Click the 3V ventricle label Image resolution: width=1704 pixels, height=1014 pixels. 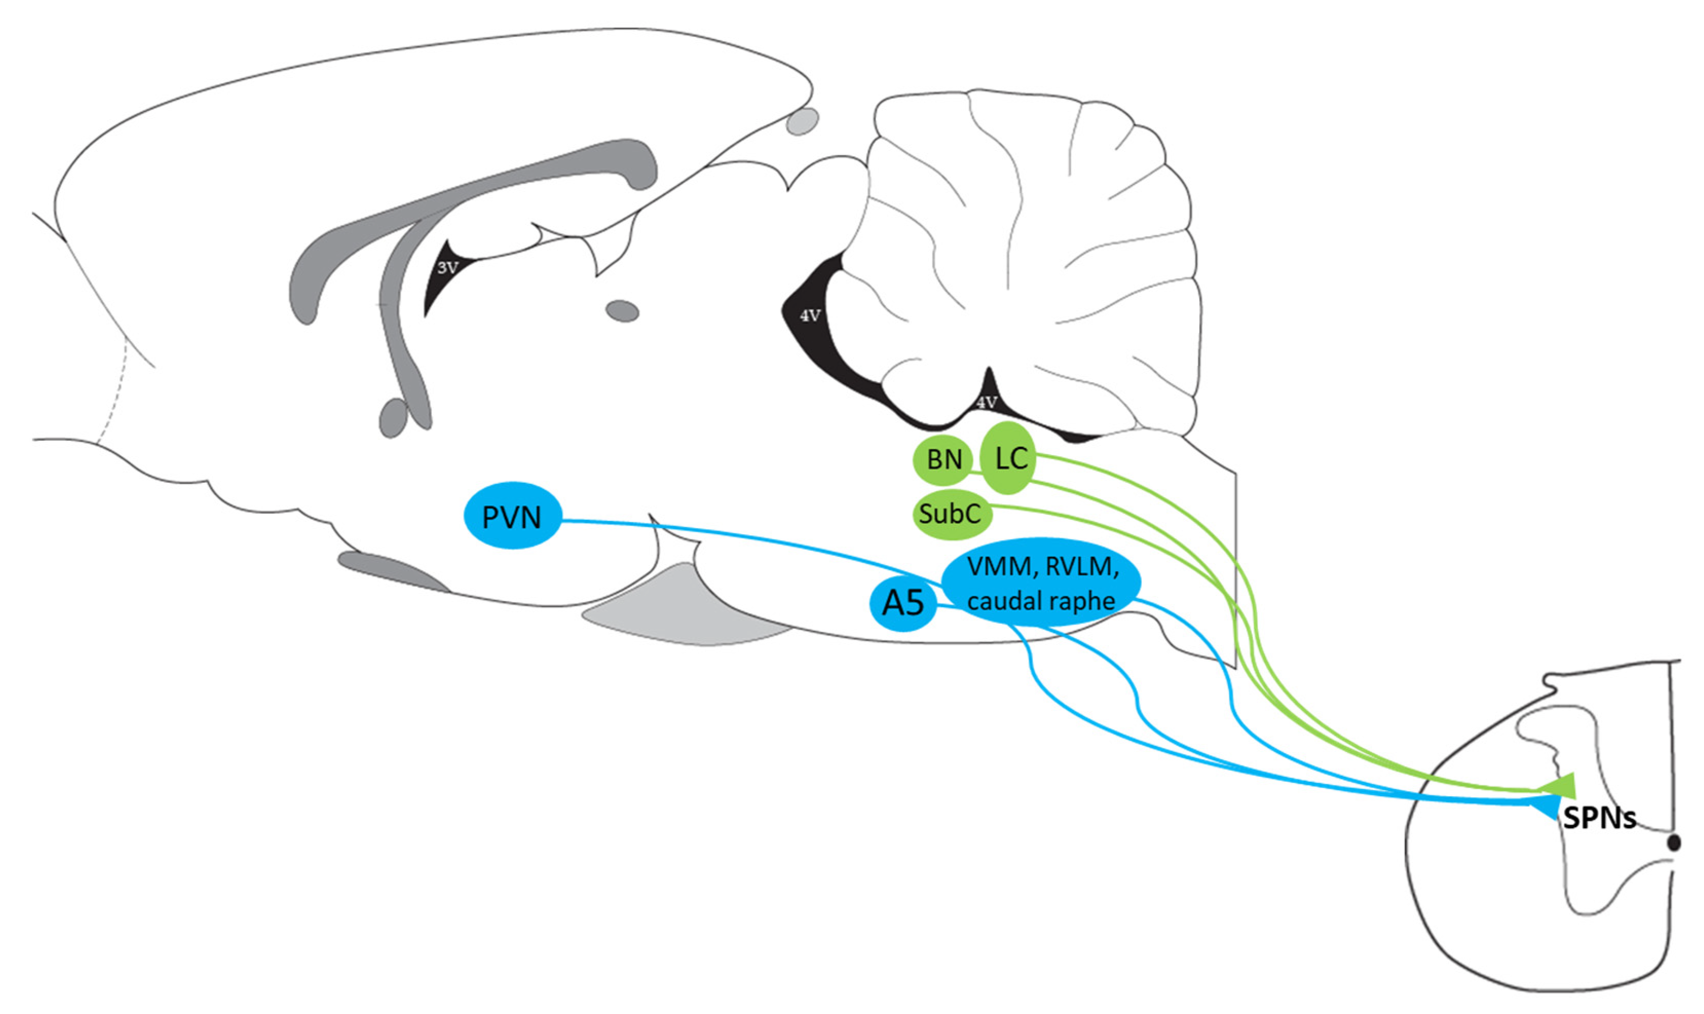[447, 267]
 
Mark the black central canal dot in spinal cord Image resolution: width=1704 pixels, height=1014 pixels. [1673, 842]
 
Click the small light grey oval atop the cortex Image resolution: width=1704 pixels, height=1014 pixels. [801, 122]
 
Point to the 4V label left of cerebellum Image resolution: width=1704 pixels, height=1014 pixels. [810, 316]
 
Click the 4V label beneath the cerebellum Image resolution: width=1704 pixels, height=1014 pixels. [986, 402]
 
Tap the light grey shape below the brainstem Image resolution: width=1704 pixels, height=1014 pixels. [677, 608]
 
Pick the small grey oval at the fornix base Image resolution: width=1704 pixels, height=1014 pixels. [393, 418]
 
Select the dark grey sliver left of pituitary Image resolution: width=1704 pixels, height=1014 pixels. [389, 569]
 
